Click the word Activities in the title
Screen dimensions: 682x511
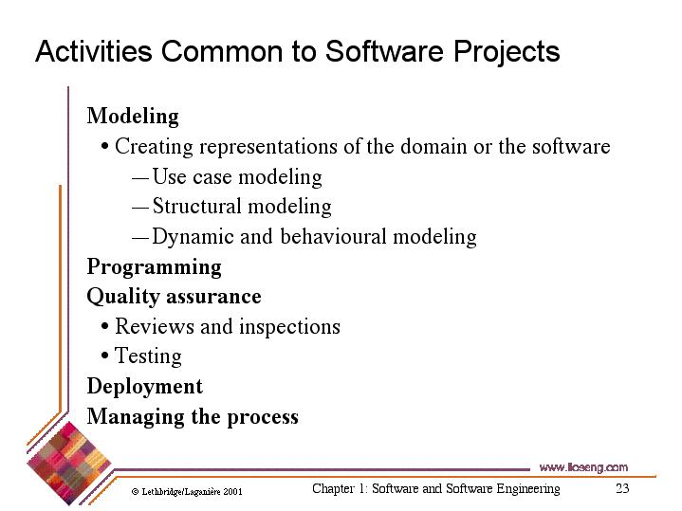(94, 51)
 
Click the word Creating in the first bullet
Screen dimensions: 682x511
(154, 147)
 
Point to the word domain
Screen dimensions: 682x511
(433, 147)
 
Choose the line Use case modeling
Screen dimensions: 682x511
(237, 177)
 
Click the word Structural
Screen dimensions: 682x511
(197, 206)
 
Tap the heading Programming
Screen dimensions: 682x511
(154, 268)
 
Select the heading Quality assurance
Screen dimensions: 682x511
(174, 298)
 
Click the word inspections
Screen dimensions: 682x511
(289, 327)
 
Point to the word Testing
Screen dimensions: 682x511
(148, 356)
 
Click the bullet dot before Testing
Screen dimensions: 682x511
(104, 356)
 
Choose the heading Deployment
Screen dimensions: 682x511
(145, 387)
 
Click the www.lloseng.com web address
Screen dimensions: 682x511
(583, 467)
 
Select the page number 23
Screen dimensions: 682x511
(622, 488)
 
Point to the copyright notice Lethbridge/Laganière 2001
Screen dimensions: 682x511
(187, 492)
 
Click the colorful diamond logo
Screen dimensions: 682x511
(68, 464)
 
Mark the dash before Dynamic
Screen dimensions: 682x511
(140, 238)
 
